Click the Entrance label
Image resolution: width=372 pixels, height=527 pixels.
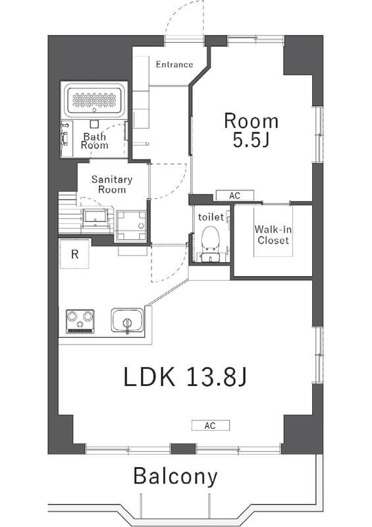[174, 64]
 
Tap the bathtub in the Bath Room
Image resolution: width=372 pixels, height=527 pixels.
[94, 100]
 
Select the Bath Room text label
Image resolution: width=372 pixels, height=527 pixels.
[95, 141]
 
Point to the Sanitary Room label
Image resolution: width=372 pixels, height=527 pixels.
[112, 184]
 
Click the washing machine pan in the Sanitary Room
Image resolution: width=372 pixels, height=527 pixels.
[132, 226]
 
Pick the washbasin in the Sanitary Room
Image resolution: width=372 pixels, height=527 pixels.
[95, 216]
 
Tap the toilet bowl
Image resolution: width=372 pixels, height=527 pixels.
[211, 238]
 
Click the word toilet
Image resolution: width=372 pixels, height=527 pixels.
[211, 217]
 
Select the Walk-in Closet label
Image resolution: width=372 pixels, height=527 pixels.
[273, 235]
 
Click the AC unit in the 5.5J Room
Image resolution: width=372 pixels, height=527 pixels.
[234, 196]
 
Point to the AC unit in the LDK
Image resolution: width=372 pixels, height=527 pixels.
[211, 426]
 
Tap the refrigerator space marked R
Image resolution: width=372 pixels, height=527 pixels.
[74, 254]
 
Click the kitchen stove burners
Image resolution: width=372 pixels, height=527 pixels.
[80, 321]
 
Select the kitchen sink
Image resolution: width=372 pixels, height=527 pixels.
[127, 320]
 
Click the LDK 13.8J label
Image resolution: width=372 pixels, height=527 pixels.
[185, 376]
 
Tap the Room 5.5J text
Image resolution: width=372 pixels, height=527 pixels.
[252, 130]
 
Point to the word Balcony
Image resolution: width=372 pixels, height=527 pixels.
[175, 476]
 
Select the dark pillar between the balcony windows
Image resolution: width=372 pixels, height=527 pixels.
[183, 449]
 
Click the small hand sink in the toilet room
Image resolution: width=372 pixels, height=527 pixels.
[210, 258]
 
